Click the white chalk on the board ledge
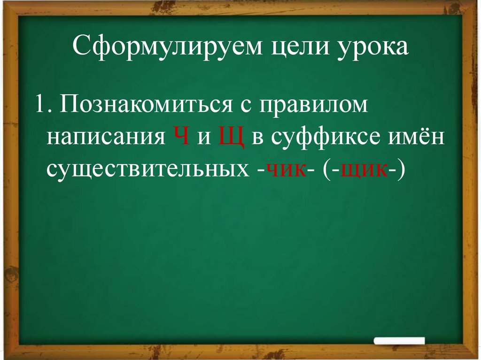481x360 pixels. pos(401,341)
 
